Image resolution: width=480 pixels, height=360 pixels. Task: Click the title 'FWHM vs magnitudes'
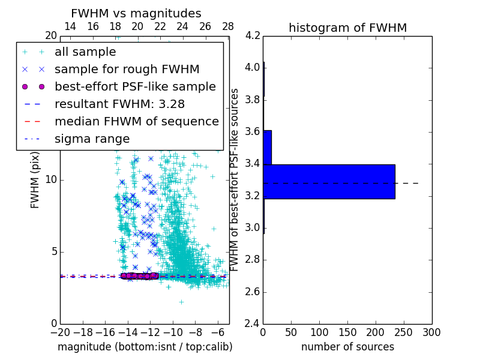136,13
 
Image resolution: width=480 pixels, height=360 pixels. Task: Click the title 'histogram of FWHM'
347,28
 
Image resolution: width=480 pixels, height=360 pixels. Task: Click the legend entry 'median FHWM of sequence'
136,122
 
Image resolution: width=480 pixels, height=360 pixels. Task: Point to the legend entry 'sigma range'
92,139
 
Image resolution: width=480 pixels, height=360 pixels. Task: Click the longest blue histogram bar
329,181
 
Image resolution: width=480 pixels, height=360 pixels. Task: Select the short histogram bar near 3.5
267,147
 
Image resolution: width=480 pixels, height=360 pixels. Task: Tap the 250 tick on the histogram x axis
404,331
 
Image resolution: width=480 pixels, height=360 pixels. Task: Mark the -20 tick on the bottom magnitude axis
60,331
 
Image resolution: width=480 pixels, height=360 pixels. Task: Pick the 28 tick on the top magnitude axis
228,27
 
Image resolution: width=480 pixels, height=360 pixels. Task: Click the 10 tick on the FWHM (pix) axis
52,180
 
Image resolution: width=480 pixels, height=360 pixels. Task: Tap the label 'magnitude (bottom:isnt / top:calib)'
145,347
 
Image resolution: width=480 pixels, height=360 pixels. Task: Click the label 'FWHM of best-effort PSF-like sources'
235,179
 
